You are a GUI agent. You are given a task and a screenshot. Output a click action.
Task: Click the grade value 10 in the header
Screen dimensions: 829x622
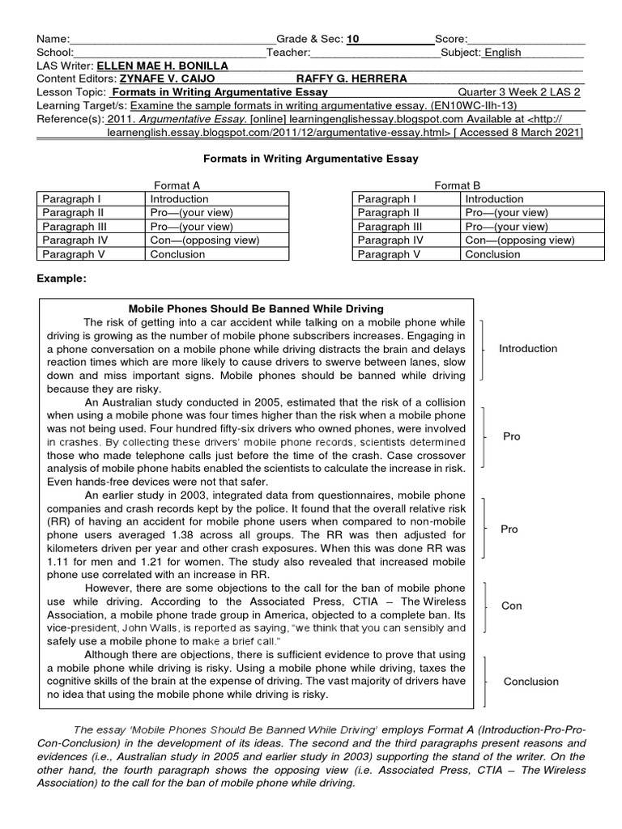coord(351,38)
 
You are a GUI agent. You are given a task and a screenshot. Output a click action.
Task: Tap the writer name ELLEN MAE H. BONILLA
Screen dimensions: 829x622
coord(162,66)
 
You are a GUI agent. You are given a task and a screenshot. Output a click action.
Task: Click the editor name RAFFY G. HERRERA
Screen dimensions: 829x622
coord(352,79)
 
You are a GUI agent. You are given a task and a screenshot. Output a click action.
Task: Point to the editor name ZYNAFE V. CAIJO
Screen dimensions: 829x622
coord(165,79)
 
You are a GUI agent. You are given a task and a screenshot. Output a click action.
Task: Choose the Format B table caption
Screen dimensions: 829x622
coord(458,185)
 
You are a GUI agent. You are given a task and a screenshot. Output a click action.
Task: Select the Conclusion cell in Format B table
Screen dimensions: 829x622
coord(493,253)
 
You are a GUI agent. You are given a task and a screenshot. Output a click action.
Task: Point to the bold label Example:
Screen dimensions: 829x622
coord(62,278)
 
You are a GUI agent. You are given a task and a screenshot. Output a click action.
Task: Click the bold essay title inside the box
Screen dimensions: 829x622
coord(257,308)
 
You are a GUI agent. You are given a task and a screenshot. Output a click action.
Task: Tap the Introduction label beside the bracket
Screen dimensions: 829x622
coord(528,349)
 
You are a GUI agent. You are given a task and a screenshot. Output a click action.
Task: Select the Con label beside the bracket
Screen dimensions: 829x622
coord(511,605)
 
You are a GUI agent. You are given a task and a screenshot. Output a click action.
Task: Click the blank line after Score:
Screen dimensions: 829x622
coord(526,38)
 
